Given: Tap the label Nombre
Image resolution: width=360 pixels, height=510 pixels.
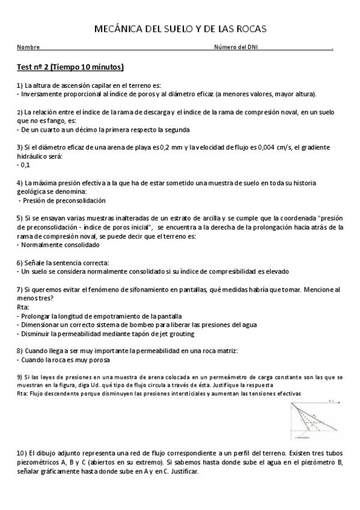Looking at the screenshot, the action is tap(28, 48).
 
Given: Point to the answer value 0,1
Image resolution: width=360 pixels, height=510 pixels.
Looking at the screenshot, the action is tap(25, 164).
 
